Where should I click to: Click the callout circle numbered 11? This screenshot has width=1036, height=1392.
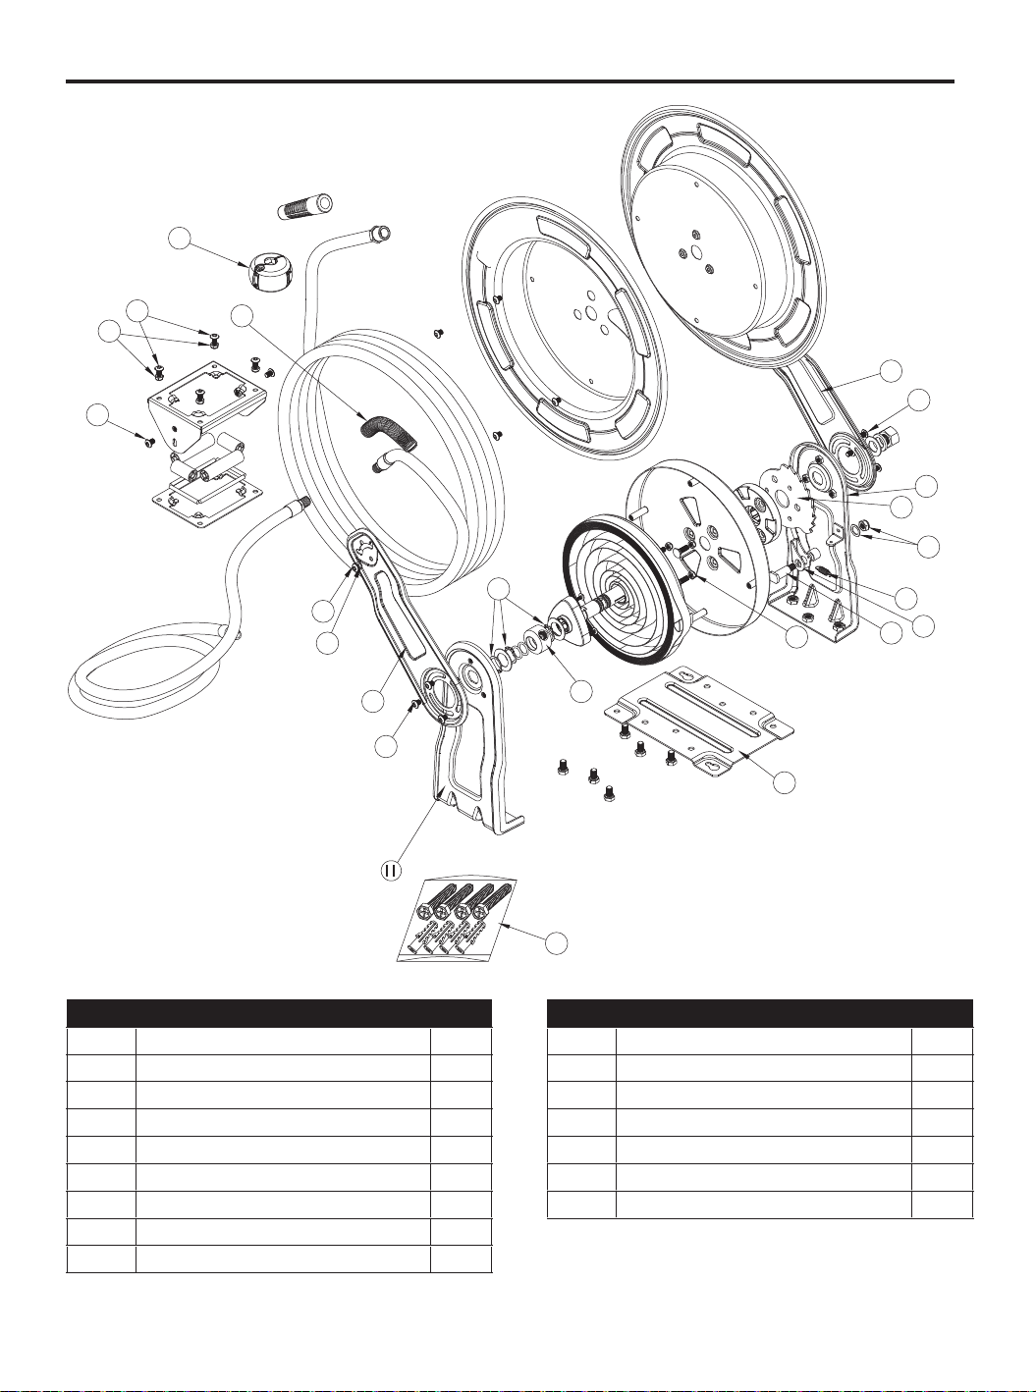click(389, 871)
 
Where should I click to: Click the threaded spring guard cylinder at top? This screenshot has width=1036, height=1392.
click(306, 206)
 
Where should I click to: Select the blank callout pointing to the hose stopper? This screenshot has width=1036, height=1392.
click(180, 240)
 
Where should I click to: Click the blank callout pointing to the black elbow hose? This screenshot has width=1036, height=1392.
click(242, 316)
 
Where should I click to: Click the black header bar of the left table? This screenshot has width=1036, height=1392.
click(279, 1013)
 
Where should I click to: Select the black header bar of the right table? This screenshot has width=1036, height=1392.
click(760, 1013)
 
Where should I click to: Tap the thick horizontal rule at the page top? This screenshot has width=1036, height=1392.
click(510, 81)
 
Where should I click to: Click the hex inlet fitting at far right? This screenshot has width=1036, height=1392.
click(890, 436)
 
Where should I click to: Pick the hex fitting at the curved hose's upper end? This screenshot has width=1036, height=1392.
click(381, 233)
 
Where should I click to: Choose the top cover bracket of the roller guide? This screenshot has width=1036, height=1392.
click(207, 397)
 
